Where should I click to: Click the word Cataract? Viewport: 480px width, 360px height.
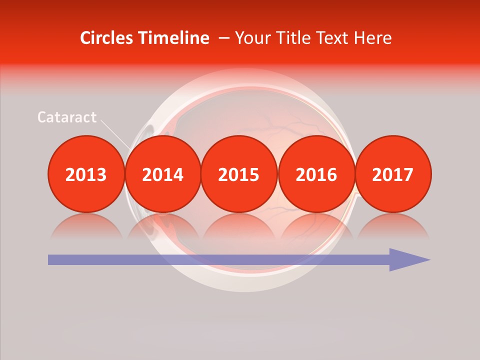point(67,117)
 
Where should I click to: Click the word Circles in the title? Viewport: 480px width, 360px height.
point(106,38)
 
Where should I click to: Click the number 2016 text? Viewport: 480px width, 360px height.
point(316,174)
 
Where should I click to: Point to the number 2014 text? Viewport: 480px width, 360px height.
point(163,174)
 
